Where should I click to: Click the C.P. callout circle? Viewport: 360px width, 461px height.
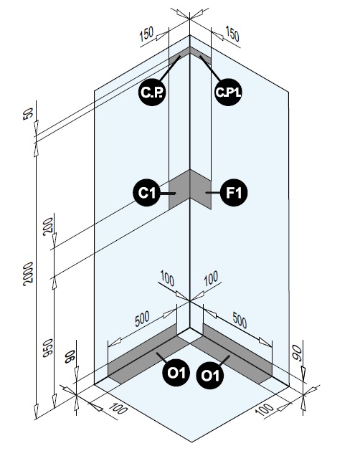tap(152, 92)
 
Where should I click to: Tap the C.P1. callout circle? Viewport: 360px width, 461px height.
tap(228, 92)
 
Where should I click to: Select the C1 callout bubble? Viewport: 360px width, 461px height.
tap(147, 193)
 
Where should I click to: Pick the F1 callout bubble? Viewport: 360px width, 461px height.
tap(234, 193)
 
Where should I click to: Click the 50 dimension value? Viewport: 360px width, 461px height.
tap(28, 114)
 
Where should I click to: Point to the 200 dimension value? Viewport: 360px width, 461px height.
tap(48, 227)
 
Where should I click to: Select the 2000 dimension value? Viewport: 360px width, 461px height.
tap(28, 274)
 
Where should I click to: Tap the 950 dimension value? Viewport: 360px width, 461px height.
tap(48, 348)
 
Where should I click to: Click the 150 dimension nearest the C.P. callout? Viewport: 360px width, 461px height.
tap(146, 34)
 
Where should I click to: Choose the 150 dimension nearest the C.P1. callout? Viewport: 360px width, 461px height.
tap(232, 34)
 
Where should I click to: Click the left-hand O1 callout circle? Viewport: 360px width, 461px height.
tap(176, 373)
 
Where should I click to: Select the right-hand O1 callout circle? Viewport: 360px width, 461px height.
tap(210, 376)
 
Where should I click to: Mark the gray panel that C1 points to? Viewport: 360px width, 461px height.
tap(179, 189)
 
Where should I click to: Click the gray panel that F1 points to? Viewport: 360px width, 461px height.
tap(200, 189)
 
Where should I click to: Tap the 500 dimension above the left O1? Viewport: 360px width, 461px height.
tap(143, 319)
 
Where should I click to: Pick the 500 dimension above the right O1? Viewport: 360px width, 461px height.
tap(240, 320)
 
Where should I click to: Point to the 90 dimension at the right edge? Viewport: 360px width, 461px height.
tap(297, 352)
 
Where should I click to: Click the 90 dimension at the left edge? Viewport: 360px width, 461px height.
tap(70, 357)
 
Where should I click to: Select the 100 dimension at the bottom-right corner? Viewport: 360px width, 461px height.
tap(264, 409)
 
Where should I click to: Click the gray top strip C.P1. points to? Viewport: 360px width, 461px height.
tap(200, 54)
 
